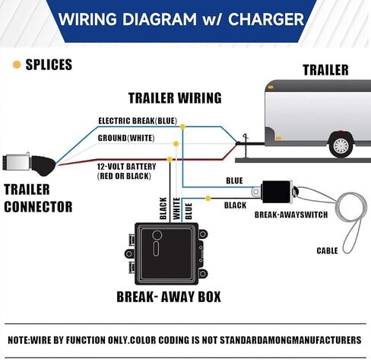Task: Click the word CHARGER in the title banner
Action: pyautogui.click(x=266, y=19)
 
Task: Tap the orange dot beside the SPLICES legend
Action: pyautogui.click(x=17, y=65)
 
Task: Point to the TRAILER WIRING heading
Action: pyautogui.click(x=175, y=98)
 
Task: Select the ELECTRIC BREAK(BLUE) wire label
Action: pyautogui.click(x=138, y=121)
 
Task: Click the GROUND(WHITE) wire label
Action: pyautogui.click(x=126, y=138)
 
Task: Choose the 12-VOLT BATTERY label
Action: pyautogui.click(x=127, y=167)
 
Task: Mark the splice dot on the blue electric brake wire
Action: pyautogui.click(x=182, y=126)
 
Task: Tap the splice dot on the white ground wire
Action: pyautogui.click(x=176, y=144)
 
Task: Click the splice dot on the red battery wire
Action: pyautogui.click(x=170, y=159)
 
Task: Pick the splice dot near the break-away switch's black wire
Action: pyautogui.click(x=208, y=198)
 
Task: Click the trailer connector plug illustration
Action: pyautogui.click(x=29, y=164)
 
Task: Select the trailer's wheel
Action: pyautogui.click(x=341, y=145)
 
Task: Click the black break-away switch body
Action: pyautogui.click(x=277, y=192)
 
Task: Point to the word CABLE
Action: pyautogui.click(x=327, y=250)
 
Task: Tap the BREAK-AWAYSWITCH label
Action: pyautogui.click(x=291, y=215)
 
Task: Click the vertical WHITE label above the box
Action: pyautogui.click(x=176, y=209)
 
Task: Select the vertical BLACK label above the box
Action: pyautogui.click(x=163, y=209)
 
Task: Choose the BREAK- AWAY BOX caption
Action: pyautogui.click(x=169, y=297)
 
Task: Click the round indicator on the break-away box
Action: pyautogui.click(x=157, y=235)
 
